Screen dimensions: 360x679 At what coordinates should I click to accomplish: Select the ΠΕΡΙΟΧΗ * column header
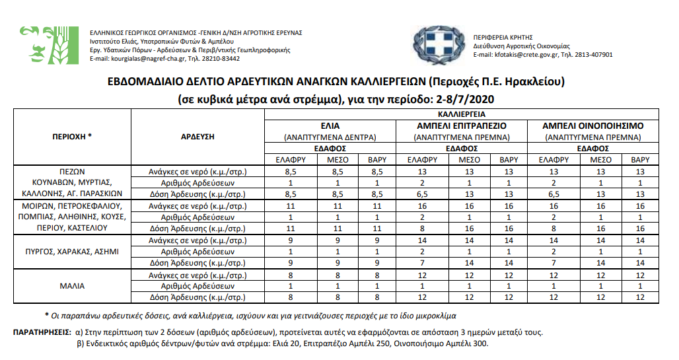coord(71,137)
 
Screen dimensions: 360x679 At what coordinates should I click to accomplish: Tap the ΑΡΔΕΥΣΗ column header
coord(198,137)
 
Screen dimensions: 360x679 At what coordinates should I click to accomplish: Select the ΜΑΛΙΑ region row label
coord(71,286)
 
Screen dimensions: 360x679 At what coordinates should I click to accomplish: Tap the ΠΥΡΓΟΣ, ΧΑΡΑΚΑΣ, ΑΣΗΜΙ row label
coord(71,252)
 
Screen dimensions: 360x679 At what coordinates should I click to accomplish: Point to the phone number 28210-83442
coord(221,59)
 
